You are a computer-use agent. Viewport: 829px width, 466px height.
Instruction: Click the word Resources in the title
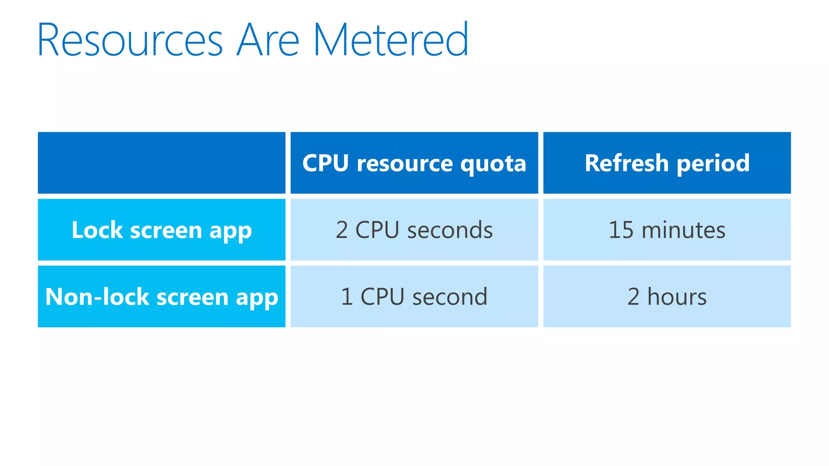130,40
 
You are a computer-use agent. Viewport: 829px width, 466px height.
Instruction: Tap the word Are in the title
268,40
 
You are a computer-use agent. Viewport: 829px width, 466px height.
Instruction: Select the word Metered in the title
391,40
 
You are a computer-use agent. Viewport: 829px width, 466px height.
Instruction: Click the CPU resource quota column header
414,163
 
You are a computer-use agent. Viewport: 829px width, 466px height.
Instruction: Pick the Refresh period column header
667,163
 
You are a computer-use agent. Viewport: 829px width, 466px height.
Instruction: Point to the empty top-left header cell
162,163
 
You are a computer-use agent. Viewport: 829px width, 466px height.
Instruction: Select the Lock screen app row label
162,230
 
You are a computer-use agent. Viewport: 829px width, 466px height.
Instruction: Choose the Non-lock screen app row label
162,297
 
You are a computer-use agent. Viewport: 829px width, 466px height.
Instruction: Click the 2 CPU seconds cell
414,230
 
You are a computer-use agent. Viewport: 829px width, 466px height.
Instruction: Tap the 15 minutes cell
667,230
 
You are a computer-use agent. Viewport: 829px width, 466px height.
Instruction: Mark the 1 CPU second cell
414,297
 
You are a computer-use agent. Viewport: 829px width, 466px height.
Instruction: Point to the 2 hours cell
667,297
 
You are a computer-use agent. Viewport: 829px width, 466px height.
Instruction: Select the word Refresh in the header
626,163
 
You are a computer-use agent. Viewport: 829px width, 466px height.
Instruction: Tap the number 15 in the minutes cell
621,230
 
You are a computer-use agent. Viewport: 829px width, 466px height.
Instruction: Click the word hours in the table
677,297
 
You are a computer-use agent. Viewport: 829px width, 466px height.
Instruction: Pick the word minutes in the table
683,230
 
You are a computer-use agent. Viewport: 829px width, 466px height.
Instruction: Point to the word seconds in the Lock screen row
450,230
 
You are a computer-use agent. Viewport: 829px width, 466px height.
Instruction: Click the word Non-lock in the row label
97,297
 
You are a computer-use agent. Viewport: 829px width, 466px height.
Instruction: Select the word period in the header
713,164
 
